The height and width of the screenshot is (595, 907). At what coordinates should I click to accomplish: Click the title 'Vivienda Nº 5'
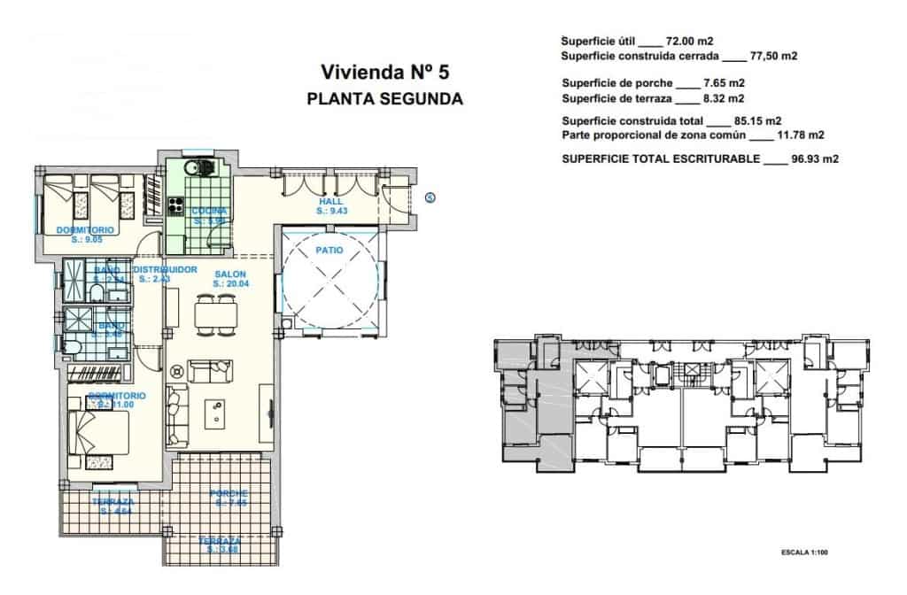point(384,72)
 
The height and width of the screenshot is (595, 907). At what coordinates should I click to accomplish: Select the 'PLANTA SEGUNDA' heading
point(384,99)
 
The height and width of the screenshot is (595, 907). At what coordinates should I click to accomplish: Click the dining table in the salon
point(215,314)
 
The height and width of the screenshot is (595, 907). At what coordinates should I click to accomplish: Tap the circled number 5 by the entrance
point(430,197)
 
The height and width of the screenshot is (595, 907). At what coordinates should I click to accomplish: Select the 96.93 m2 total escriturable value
point(814,159)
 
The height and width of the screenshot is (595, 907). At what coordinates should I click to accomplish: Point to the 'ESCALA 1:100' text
point(802,552)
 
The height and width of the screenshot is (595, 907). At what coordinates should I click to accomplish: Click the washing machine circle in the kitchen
point(190,167)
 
